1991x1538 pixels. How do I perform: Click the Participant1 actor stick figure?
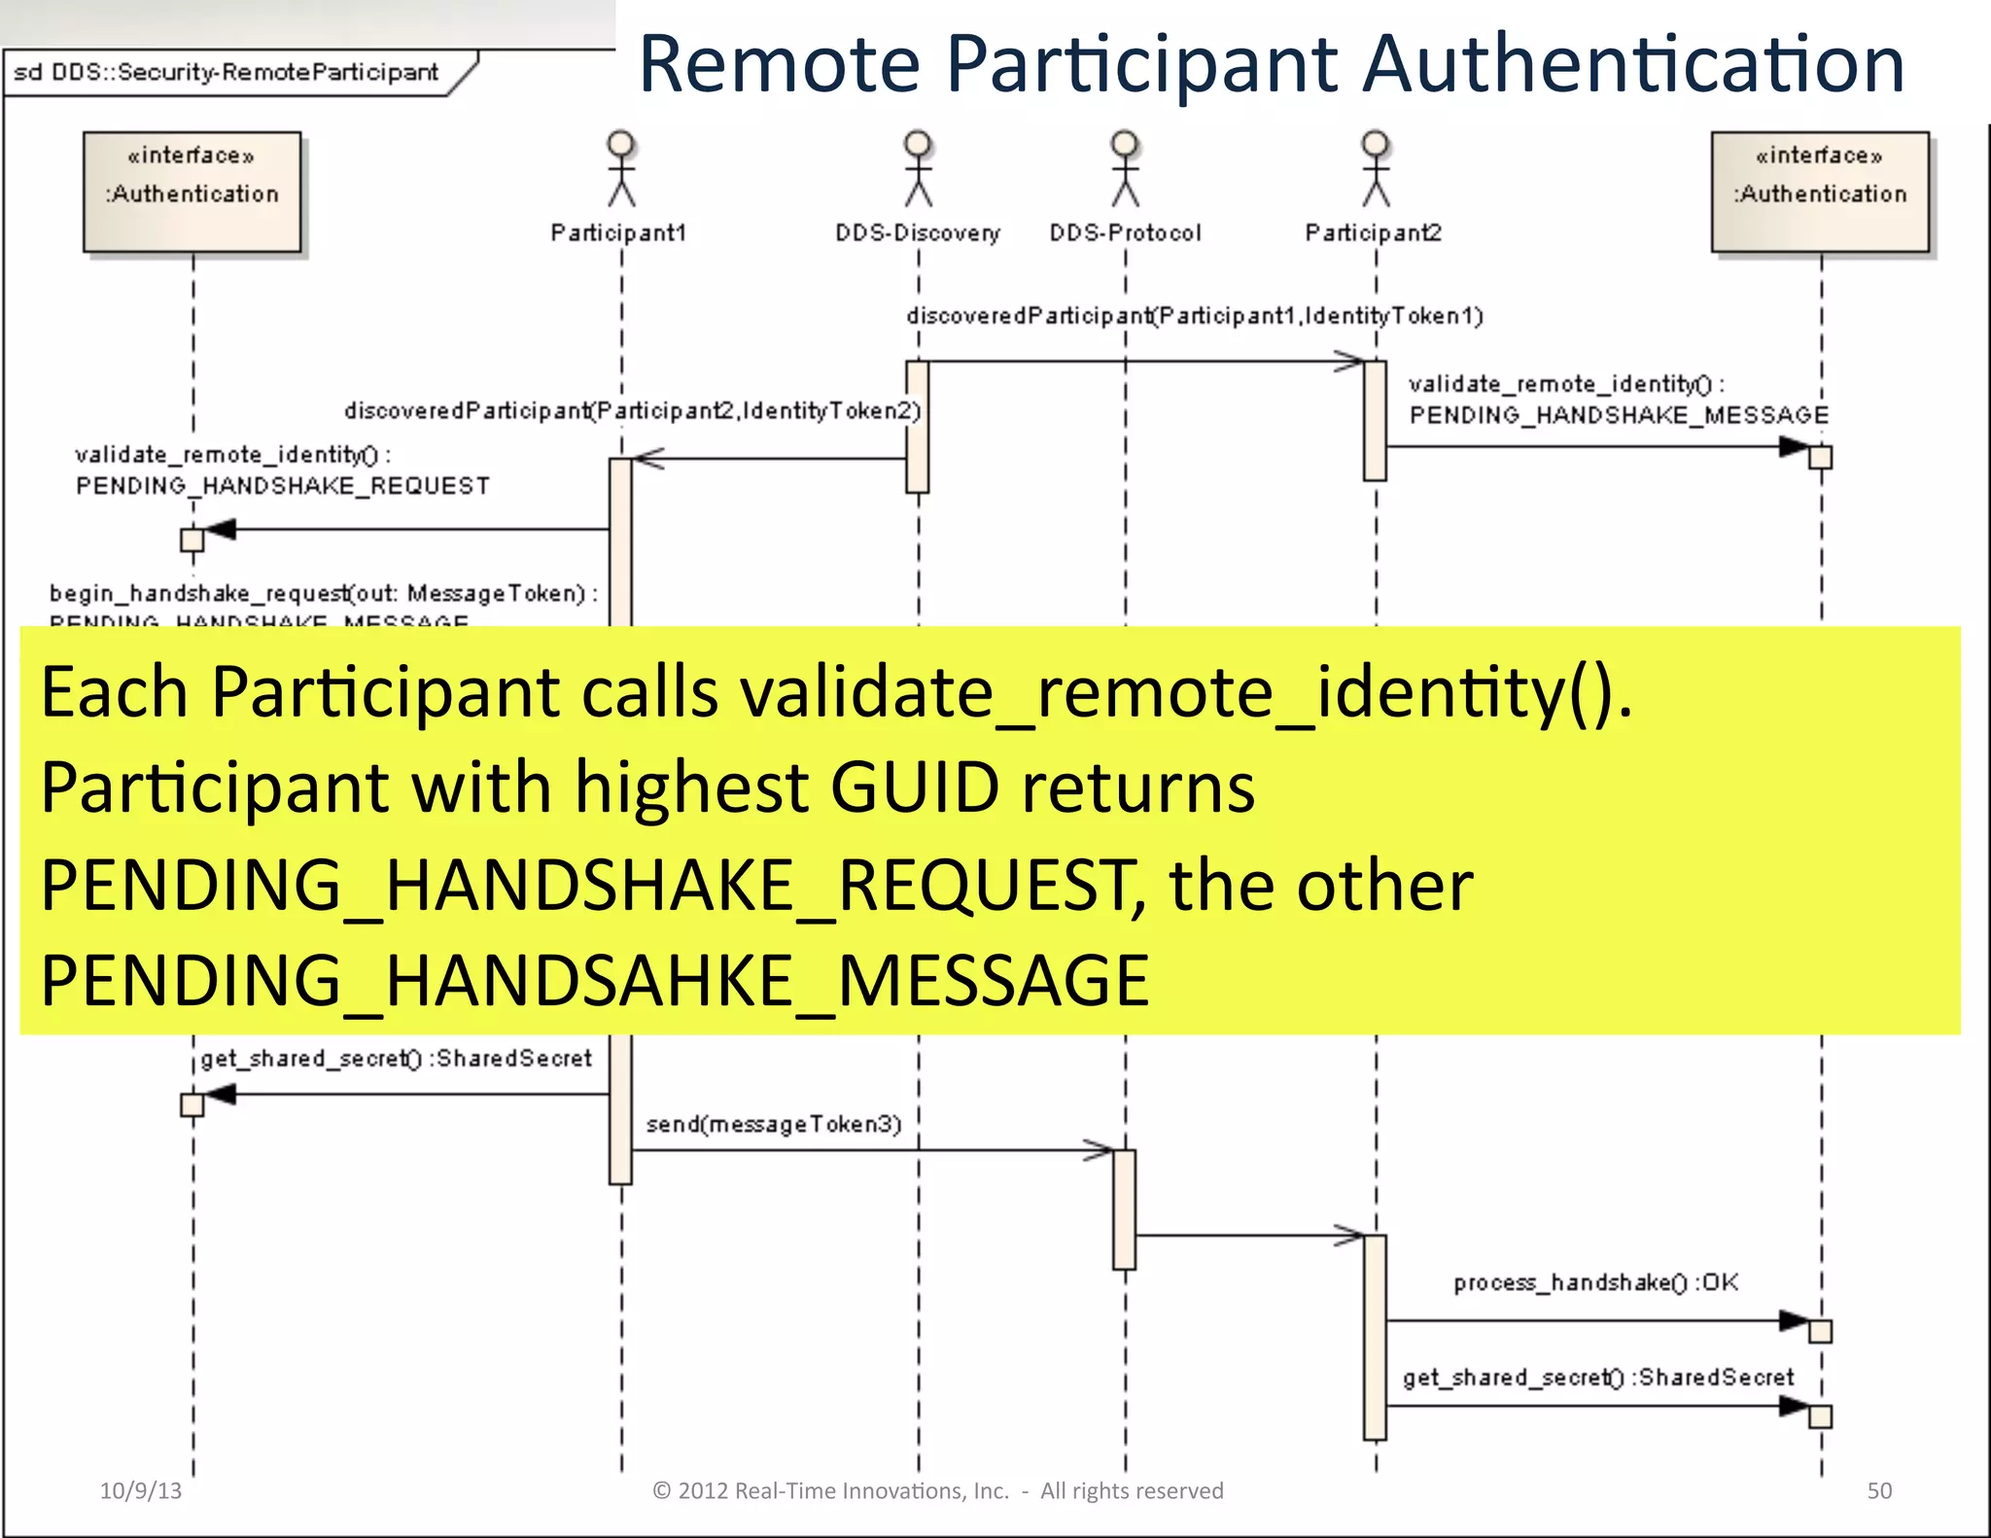click(x=621, y=169)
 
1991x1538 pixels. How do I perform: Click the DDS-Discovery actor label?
click(x=917, y=233)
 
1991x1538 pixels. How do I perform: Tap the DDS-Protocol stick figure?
click(x=1125, y=169)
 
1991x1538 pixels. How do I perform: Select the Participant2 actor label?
click(x=1373, y=233)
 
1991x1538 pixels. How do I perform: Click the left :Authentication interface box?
click(x=192, y=192)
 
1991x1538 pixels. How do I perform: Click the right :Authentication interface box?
click(x=1820, y=192)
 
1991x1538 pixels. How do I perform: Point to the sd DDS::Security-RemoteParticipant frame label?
click(x=227, y=73)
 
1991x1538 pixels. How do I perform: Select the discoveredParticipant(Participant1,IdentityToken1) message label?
click(x=1195, y=316)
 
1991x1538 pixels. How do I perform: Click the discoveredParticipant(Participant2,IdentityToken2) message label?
click(x=632, y=411)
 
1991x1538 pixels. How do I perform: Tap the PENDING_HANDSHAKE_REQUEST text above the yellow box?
click(x=283, y=486)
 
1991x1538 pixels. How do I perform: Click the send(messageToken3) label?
click(x=774, y=1125)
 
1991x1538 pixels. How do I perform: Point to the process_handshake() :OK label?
click(x=1595, y=1283)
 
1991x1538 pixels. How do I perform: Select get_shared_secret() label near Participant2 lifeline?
click(x=1597, y=1378)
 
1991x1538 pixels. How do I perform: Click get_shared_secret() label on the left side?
click(x=396, y=1059)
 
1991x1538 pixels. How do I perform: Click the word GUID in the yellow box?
click(x=914, y=787)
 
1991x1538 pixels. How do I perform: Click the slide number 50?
click(x=1879, y=1490)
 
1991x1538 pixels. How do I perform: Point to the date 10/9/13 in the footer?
click(x=141, y=1490)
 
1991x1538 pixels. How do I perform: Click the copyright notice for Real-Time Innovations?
click(x=937, y=1490)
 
